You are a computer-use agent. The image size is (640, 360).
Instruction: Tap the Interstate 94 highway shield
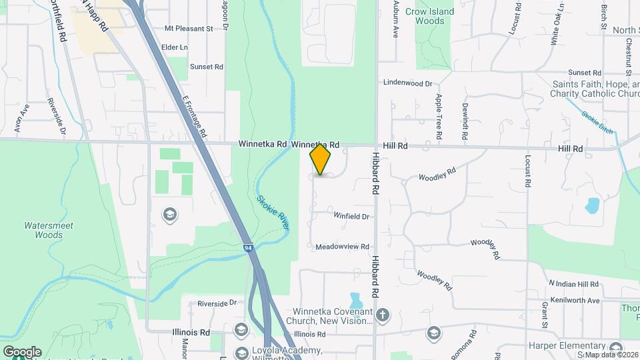click(248, 248)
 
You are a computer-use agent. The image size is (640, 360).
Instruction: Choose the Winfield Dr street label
click(351, 216)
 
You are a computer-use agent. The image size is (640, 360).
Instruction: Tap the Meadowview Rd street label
click(342, 246)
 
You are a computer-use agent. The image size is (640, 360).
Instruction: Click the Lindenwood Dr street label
click(407, 83)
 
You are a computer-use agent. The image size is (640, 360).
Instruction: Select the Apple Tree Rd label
click(439, 116)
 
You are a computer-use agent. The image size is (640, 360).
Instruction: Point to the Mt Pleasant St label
click(188, 29)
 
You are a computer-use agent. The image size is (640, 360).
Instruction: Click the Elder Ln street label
click(175, 48)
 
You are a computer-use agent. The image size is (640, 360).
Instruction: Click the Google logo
click(22, 352)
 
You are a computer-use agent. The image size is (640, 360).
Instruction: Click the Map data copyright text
click(611, 355)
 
